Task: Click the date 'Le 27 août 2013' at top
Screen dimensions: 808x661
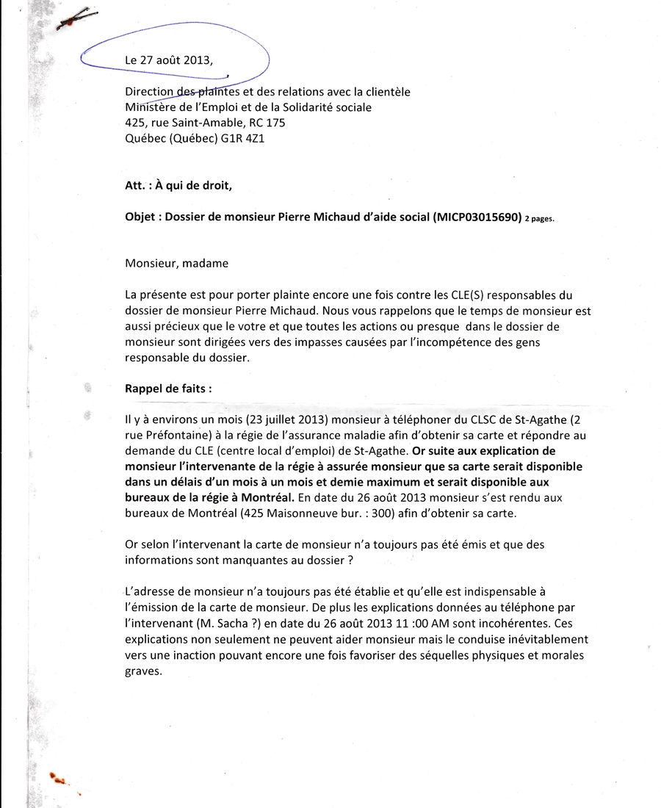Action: coord(169,61)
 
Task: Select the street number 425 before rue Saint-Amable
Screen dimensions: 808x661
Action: coord(135,122)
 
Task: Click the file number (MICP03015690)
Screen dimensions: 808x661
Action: coord(477,217)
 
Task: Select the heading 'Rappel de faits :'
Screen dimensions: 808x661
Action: coord(168,389)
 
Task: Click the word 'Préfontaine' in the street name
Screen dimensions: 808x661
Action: coord(163,436)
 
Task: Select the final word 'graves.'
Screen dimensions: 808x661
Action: coord(143,671)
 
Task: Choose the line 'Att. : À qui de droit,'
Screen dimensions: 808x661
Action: coord(178,186)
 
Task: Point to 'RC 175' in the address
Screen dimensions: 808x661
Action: coord(267,122)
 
